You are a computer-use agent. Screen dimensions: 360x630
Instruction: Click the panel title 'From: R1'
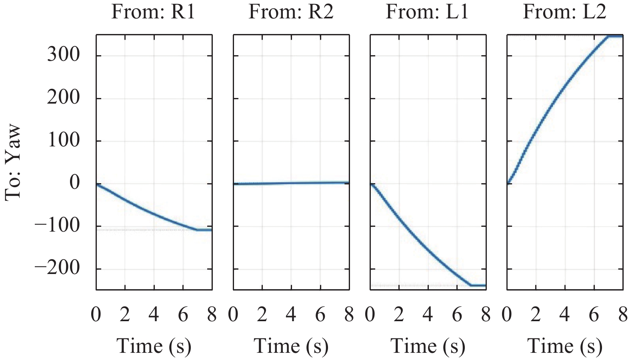(x=153, y=12)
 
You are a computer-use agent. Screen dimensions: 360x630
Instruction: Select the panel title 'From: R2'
(x=291, y=12)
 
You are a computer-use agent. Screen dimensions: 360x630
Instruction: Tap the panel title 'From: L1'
(x=427, y=12)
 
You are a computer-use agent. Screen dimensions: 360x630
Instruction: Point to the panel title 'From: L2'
(x=564, y=12)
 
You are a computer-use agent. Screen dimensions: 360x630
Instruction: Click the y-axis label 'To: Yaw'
(x=13, y=162)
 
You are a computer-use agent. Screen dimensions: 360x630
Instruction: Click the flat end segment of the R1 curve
(x=204, y=230)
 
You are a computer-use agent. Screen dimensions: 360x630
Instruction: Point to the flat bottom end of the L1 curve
(x=478, y=285)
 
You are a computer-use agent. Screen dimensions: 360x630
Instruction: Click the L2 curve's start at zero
(x=508, y=183)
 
